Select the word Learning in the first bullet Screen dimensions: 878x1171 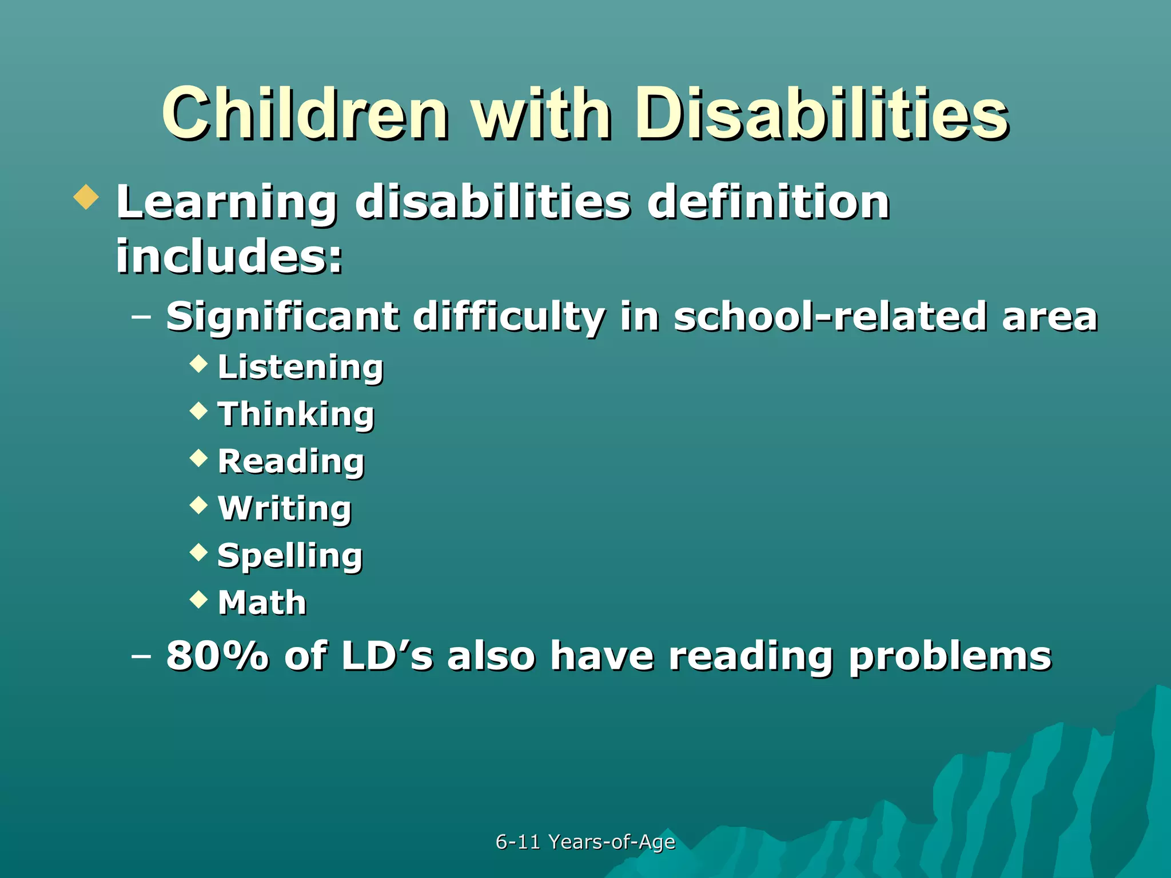tap(226, 203)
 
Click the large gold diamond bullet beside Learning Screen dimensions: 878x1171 tap(86, 197)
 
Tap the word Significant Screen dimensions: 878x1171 tap(282, 316)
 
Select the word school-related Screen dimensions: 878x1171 tap(829, 316)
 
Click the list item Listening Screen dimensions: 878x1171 tap(300, 368)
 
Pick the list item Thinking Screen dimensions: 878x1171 tap(296, 414)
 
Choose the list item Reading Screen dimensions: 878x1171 tap(291, 461)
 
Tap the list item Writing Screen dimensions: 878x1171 tap(285, 509)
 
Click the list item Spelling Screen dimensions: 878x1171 tap(290, 556)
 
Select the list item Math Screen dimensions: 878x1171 tap(262, 602)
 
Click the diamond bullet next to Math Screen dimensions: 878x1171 tap(198, 599)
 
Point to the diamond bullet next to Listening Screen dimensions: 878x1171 tap(198, 364)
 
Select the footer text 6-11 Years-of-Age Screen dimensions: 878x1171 tap(585, 842)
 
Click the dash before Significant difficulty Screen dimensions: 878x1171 tap(141, 316)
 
